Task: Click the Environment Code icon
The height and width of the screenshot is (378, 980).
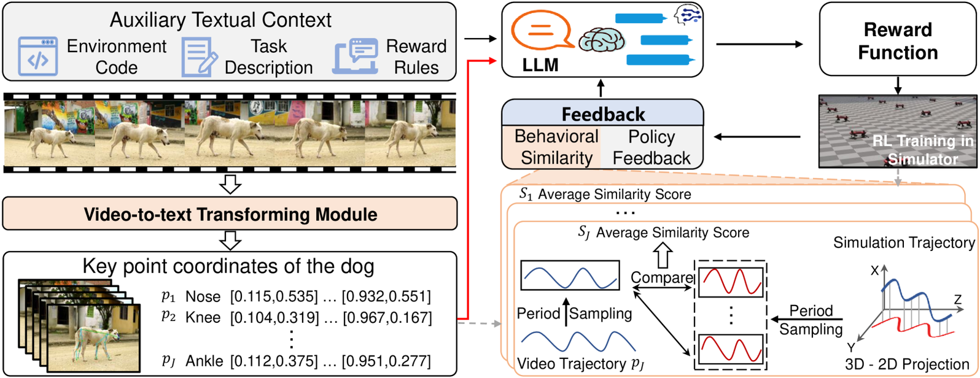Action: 38,56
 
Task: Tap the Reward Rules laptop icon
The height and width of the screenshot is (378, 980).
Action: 356,57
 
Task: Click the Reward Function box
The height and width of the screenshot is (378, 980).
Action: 897,41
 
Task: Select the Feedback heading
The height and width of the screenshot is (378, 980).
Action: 603,114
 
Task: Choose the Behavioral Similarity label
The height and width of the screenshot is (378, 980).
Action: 556,147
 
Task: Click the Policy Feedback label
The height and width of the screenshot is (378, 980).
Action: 651,147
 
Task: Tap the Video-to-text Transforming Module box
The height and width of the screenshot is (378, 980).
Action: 230,214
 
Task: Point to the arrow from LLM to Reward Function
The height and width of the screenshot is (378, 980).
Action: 759,44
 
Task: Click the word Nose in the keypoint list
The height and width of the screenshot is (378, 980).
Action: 203,297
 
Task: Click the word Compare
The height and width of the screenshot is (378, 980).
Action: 662,277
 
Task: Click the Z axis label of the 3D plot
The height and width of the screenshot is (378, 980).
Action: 957,299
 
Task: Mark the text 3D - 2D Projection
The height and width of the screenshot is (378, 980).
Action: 906,364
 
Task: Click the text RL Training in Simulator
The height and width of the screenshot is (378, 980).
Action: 923,150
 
